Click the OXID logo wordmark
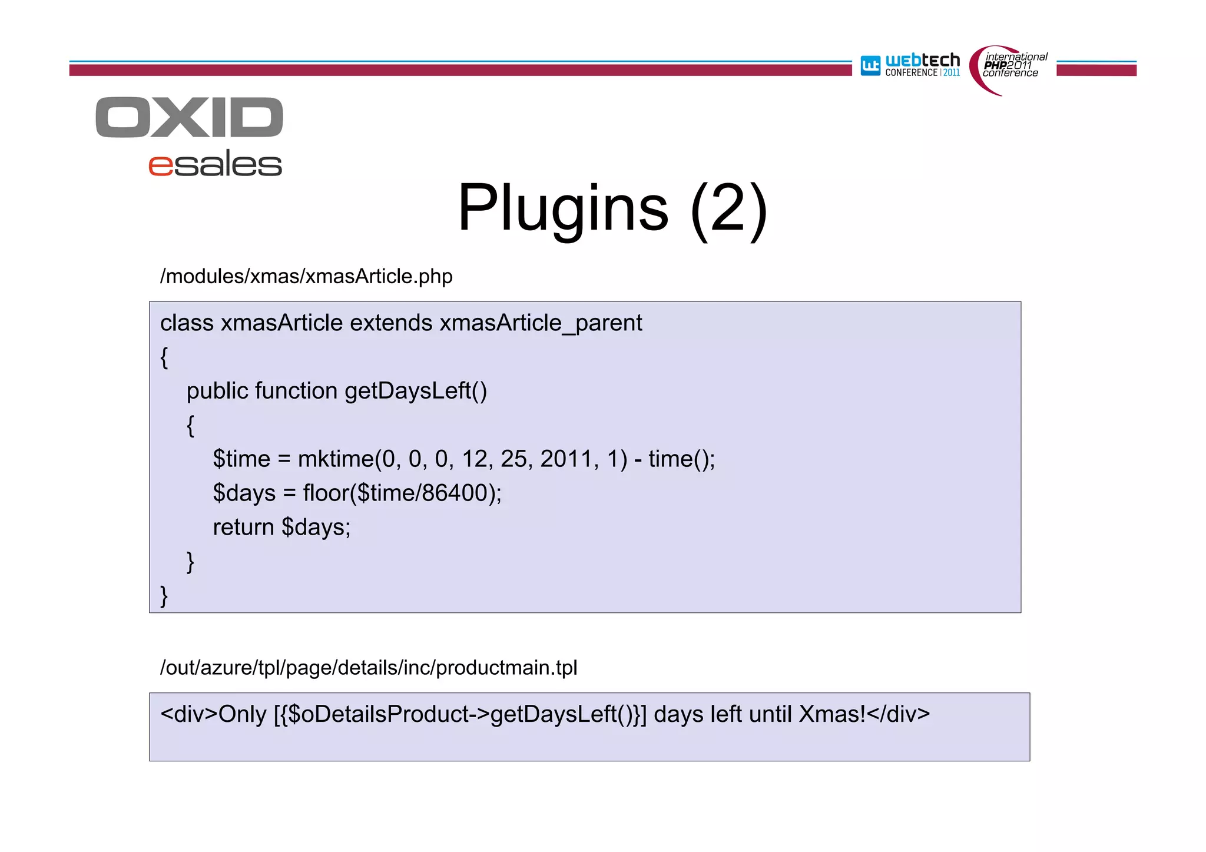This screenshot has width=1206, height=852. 189,118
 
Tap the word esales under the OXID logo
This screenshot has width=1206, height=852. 215,164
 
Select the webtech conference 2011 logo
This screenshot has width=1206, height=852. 910,65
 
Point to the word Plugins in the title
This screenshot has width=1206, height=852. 563,208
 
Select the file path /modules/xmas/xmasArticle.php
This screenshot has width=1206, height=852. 306,276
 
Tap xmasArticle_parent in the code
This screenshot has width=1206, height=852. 541,323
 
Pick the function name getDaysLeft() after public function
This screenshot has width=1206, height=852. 416,391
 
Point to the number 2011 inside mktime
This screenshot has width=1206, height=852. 566,459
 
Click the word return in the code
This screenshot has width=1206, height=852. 243,527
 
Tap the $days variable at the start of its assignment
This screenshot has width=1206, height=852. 244,493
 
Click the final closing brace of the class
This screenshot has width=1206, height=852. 164,595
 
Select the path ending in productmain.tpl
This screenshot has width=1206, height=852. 369,668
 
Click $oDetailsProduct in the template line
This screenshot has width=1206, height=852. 377,714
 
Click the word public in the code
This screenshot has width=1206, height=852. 217,391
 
